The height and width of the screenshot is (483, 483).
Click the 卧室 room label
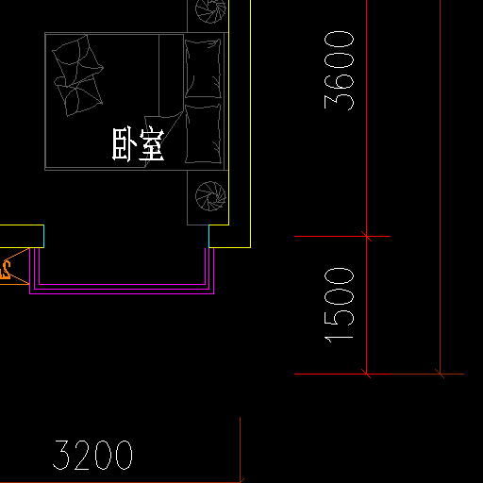[139, 144]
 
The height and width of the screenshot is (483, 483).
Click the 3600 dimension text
[339, 71]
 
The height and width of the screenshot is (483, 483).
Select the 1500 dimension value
[339, 305]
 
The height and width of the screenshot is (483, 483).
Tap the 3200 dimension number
[92, 455]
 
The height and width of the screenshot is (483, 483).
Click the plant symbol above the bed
[210, 10]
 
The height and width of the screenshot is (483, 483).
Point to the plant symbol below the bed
[210, 196]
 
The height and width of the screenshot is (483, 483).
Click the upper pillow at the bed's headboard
[203, 69]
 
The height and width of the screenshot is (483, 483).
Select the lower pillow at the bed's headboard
[203, 134]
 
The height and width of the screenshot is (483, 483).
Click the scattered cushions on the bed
[77, 75]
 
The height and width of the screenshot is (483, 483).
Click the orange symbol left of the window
[6, 270]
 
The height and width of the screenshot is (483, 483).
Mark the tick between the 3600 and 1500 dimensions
[367, 236]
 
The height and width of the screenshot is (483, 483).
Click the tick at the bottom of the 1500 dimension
[367, 374]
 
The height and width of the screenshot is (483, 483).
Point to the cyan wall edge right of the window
[208, 236]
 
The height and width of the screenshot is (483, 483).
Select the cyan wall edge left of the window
[43, 236]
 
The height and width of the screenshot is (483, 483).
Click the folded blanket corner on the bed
[163, 139]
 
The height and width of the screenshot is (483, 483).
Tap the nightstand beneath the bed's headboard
[208, 198]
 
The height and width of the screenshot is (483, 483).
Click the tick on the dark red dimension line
[440, 374]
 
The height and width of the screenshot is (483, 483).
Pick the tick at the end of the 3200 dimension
[241, 481]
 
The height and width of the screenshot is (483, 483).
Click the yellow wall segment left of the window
[22, 236]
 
